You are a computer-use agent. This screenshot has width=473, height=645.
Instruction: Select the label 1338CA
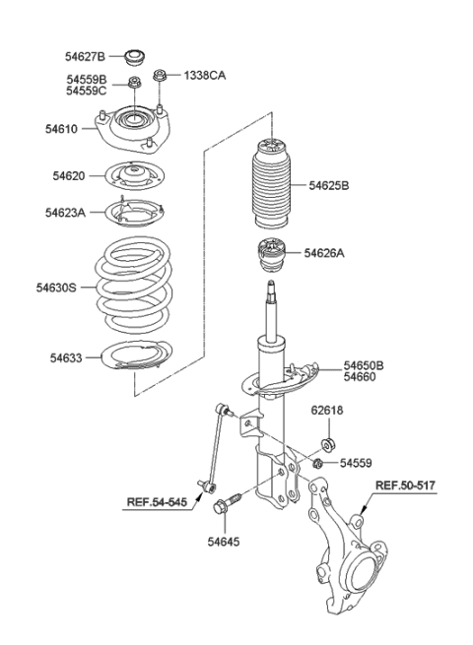point(204,75)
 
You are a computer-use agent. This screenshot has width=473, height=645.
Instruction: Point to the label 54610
point(60,128)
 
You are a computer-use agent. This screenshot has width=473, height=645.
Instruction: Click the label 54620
point(71,176)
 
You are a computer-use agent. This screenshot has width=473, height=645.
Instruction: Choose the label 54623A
point(65,212)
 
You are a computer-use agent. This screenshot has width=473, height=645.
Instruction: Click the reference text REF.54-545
point(155,502)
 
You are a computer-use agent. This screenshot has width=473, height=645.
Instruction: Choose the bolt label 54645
point(223,541)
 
